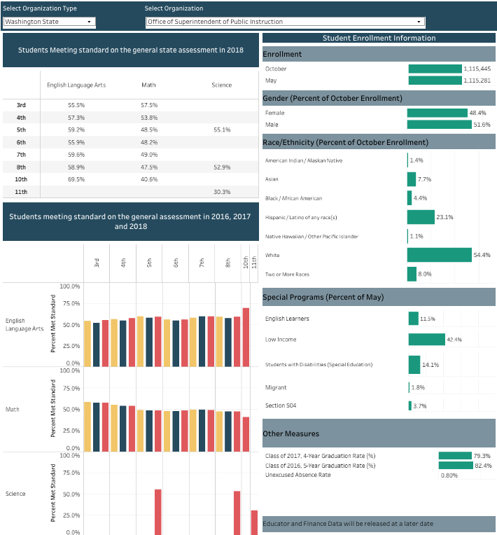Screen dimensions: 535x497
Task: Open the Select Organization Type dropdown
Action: tap(49, 22)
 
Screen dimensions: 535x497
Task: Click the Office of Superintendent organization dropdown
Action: tap(285, 22)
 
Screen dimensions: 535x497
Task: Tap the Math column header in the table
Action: tap(148, 85)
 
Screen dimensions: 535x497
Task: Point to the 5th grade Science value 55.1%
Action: tap(221, 130)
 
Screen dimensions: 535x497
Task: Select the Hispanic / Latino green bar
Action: tap(421, 217)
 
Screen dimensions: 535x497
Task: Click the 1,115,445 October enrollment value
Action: tap(477, 69)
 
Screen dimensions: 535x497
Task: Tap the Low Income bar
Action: tap(426, 340)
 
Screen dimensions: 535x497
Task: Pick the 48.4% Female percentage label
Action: tap(477, 113)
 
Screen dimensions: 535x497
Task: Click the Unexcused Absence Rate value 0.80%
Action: tap(449, 475)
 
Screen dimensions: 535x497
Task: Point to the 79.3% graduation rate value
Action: tap(482, 456)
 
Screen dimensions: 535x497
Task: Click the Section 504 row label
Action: tap(277, 406)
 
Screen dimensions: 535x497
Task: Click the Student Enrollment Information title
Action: tap(378, 39)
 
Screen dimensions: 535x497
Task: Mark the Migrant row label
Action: tap(276, 387)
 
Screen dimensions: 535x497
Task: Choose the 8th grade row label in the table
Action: tap(21, 167)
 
